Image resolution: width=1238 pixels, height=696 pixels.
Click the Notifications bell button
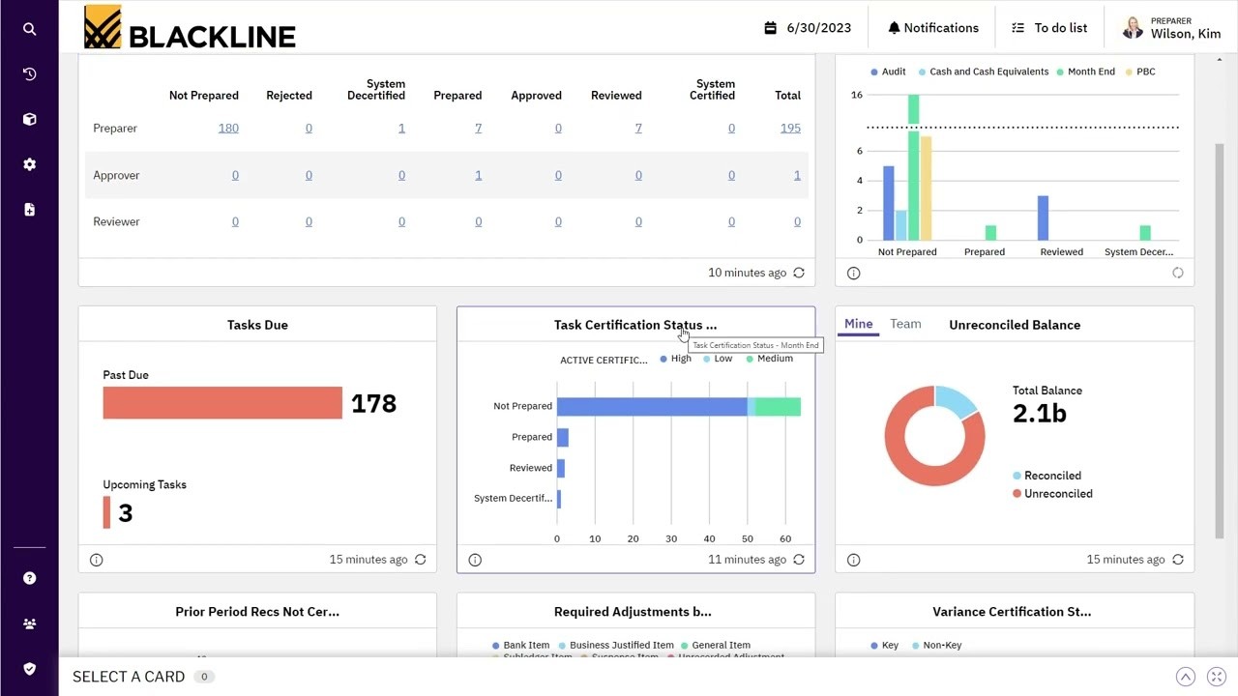coord(933,28)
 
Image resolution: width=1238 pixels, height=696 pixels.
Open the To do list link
coord(1049,28)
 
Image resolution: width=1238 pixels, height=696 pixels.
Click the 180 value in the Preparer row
coord(228,128)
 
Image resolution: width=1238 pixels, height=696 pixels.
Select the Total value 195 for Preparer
coord(790,128)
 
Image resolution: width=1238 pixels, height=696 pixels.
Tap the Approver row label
coord(116,175)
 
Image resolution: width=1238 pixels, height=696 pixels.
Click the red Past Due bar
coord(222,403)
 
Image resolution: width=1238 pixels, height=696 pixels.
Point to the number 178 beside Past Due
coord(373,404)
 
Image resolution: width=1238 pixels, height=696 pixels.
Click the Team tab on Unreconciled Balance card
coord(905,324)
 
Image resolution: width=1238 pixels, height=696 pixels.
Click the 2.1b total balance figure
coord(1039,414)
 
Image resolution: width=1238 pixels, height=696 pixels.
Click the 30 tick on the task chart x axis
coord(671,538)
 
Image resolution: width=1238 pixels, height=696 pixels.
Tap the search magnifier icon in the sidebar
coord(29,29)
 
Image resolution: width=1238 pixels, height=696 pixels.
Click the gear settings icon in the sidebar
coord(29,164)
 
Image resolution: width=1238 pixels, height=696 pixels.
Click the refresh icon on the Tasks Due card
coord(420,560)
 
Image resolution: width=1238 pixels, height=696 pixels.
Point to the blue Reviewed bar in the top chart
coord(1043,217)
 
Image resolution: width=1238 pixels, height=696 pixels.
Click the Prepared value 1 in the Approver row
coord(478,175)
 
